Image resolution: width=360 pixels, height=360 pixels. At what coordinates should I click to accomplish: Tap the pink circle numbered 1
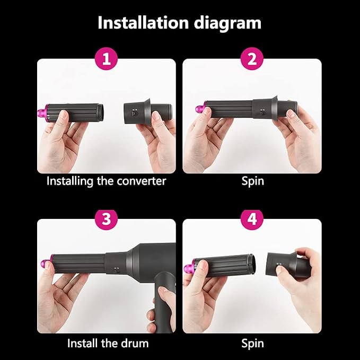click(x=106, y=58)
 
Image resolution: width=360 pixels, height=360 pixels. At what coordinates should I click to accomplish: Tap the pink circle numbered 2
click(x=252, y=58)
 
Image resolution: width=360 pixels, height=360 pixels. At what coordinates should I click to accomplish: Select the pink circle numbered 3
click(x=106, y=218)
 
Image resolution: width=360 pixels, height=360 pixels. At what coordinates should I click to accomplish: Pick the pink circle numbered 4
click(x=252, y=218)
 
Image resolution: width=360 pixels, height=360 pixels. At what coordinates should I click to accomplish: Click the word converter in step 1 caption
click(x=141, y=181)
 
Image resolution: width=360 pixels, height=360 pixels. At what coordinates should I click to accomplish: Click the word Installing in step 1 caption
click(x=70, y=181)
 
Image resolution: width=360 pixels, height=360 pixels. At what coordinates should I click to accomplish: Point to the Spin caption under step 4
click(x=252, y=344)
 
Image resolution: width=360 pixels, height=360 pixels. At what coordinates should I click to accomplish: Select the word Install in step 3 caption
click(x=82, y=344)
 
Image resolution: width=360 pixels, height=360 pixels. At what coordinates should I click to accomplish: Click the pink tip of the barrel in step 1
click(x=43, y=113)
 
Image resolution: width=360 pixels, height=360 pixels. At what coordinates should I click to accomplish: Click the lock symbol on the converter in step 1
click(x=134, y=112)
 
